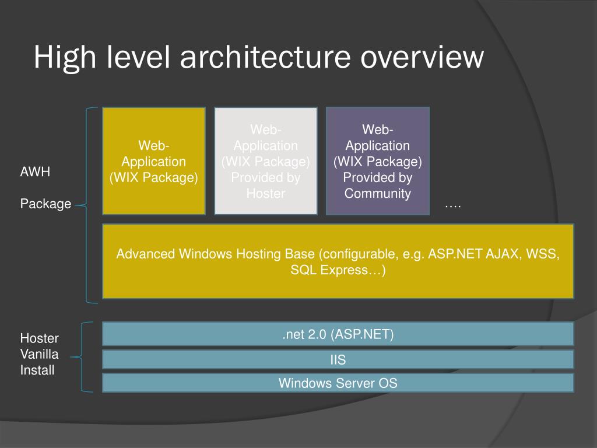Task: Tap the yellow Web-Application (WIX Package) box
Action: pos(154,161)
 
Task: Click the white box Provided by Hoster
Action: pos(265,161)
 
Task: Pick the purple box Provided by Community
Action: pos(377,161)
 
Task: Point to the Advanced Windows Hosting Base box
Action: pos(338,261)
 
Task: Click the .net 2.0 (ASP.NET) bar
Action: pos(338,334)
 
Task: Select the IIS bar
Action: pos(338,360)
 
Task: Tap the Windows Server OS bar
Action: pos(338,383)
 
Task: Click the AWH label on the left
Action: pos(36,172)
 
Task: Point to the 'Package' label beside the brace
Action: pos(46,204)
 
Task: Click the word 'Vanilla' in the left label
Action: pos(40,354)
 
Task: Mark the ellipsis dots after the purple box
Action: pos(452,205)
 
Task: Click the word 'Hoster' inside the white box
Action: pos(265,194)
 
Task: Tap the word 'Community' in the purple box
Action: pos(377,194)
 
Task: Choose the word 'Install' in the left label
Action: pos(37,370)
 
